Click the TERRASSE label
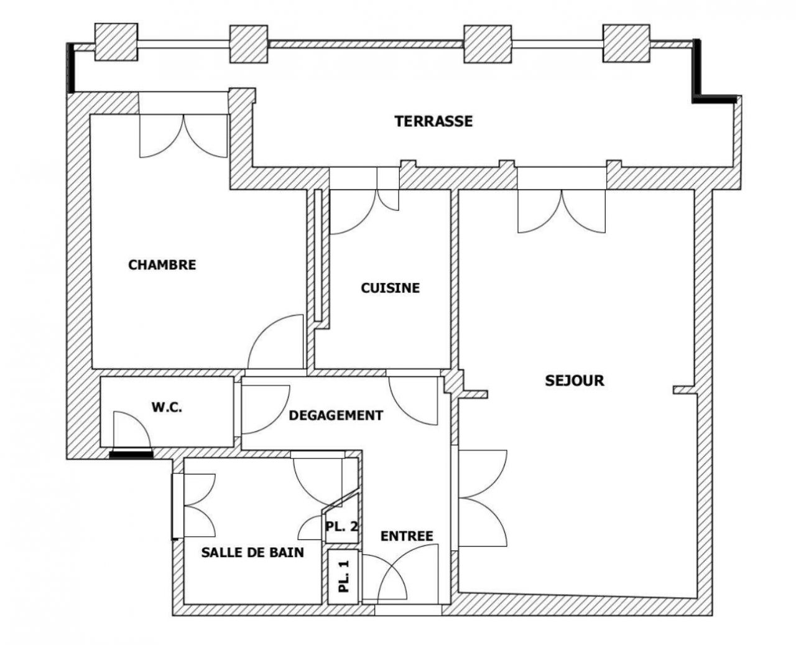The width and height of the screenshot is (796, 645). tap(433, 121)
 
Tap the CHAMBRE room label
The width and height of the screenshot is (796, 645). tap(162, 265)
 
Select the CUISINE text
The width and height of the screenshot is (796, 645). tap(390, 288)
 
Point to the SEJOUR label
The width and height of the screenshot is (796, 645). tap(574, 380)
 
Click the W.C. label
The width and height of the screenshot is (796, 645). tap(167, 408)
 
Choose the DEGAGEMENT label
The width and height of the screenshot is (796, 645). tap(336, 415)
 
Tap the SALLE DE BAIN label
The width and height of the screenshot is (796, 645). tap(252, 552)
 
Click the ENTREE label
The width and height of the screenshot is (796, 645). tap(407, 536)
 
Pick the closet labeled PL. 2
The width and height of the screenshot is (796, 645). tap(341, 526)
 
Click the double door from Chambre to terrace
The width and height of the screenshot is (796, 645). tap(183, 134)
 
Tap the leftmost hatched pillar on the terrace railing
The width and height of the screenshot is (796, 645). tap(116, 42)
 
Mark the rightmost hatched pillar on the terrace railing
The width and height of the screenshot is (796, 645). tap(626, 44)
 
